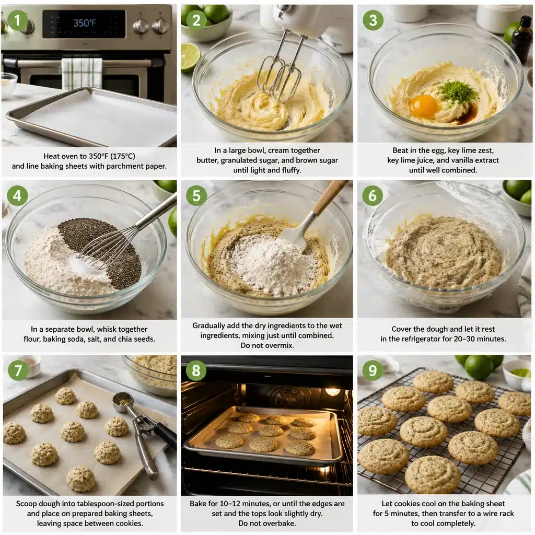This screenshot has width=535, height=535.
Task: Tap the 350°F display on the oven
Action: tap(84, 23)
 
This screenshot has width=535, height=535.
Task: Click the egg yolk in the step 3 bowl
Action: tap(423, 106)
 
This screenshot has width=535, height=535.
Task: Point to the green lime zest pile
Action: tap(458, 92)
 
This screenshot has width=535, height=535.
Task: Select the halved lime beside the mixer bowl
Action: tap(190, 57)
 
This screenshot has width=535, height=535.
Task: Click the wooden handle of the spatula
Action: tap(330, 198)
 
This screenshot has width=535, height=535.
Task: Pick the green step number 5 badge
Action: tap(196, 195)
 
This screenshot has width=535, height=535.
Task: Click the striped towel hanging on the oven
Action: tap(82, 73)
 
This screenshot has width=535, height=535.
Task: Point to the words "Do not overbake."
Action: tap(266, 523)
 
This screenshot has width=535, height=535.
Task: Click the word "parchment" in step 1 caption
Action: tap(129, 166)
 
